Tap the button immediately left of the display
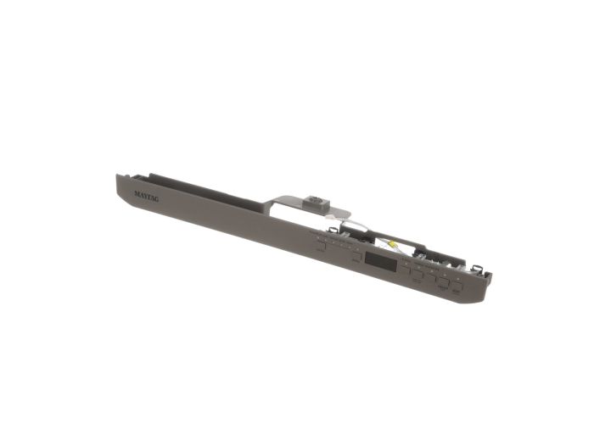[x=357, y=256]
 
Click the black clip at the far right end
[x=483, y=269]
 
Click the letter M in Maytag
[x=137, y=192]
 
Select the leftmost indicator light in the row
[x=318, y=240]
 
